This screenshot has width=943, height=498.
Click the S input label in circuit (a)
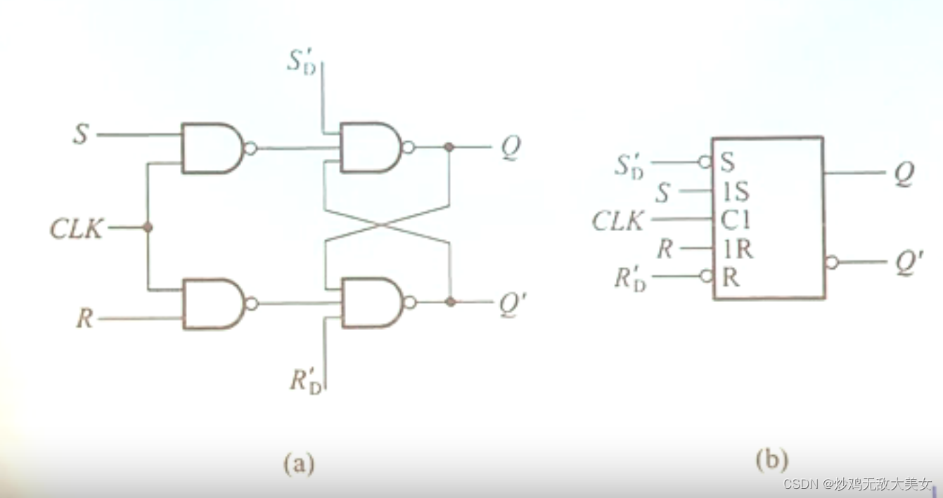82,133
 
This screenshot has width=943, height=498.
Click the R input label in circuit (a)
84,319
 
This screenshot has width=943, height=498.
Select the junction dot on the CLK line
148,228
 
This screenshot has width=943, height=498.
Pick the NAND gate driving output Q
370,148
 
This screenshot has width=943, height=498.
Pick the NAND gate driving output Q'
371,303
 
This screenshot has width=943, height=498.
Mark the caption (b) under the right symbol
771,461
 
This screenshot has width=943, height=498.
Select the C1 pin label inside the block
736,221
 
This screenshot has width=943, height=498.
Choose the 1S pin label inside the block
736,192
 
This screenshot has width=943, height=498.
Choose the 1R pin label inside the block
736,249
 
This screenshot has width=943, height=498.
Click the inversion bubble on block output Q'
832,262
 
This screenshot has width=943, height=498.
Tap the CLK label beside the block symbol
617,221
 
